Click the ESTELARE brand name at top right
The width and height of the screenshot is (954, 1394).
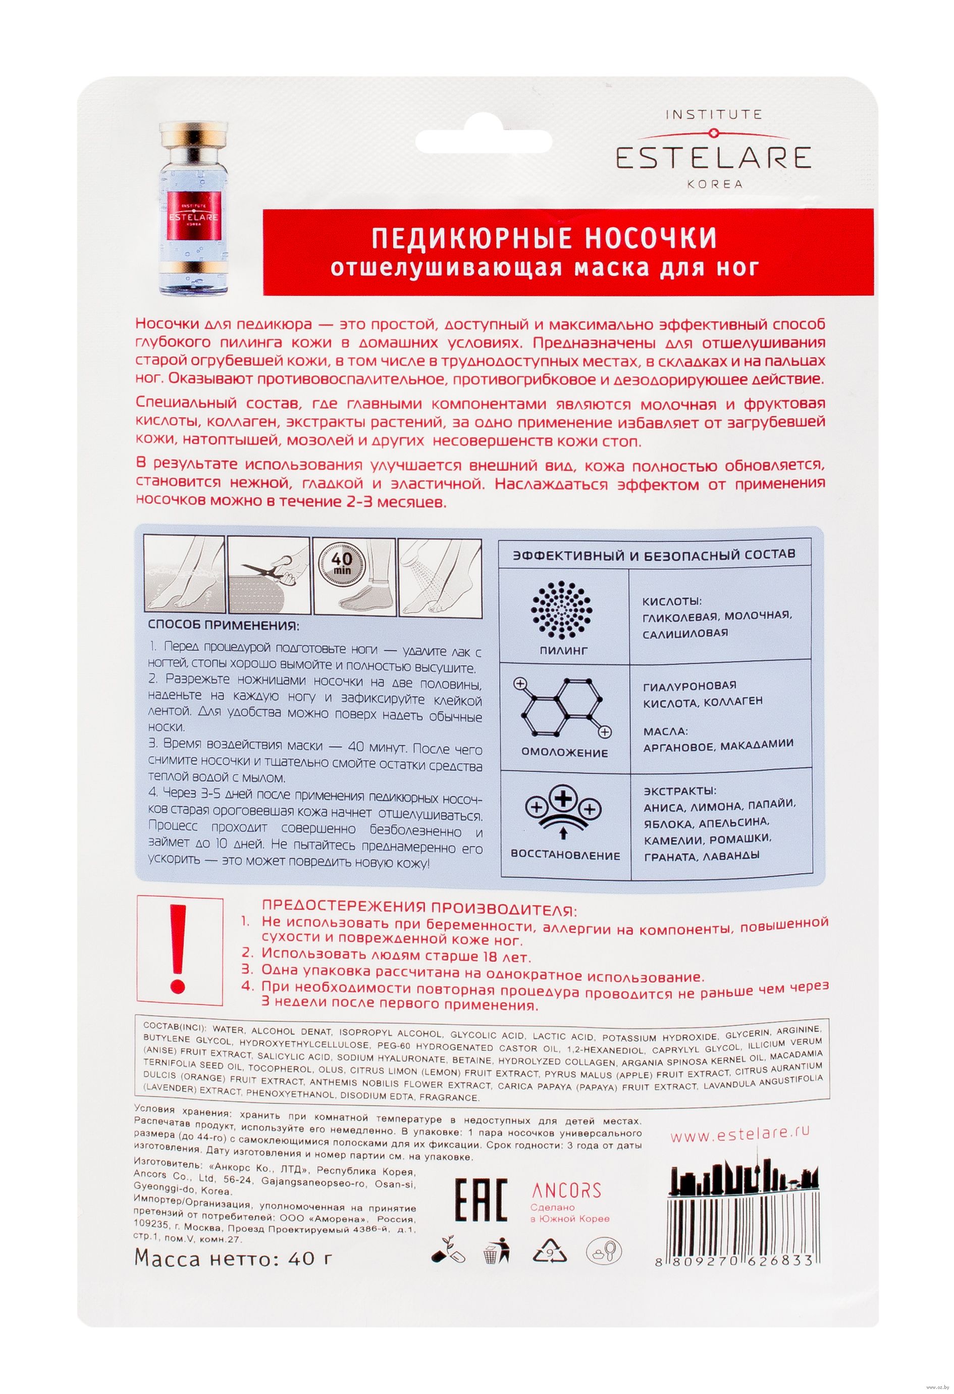tap(713, 158)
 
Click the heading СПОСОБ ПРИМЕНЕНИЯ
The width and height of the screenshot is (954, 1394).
tap(224, 626)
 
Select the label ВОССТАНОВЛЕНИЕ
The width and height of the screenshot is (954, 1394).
tap(565, 856)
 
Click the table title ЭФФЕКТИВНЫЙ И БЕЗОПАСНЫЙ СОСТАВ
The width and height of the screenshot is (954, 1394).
tap(654, 554)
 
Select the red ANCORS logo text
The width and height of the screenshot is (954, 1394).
tap(566, 1192)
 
